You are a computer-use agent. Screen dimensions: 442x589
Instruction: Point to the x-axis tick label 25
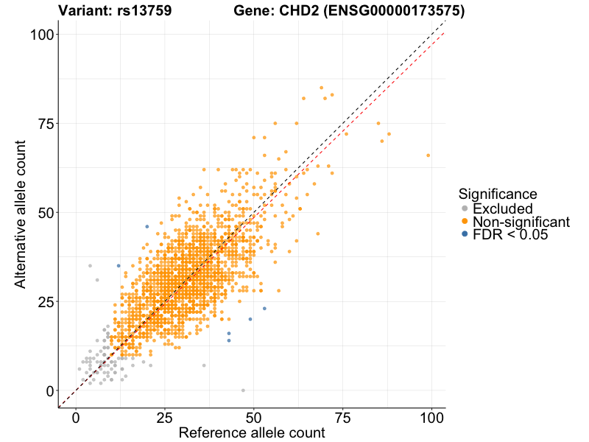(x=165, y=417)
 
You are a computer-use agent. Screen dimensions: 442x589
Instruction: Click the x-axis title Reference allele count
(x=252, y=433)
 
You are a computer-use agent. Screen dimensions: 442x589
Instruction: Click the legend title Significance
(x=498, y=194)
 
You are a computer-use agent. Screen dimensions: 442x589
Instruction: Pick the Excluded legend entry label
(x=502, y=208)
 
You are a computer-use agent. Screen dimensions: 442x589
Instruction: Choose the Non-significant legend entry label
(x=521, y=222)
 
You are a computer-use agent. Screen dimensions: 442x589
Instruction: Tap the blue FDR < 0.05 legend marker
(x=465, y=235)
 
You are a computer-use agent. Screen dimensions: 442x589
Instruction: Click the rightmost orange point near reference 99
(x=428, y=155)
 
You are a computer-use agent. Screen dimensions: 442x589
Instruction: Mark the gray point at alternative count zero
(x=243, y=390)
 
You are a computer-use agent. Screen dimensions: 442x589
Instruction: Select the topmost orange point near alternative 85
(x=321, y=88)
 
